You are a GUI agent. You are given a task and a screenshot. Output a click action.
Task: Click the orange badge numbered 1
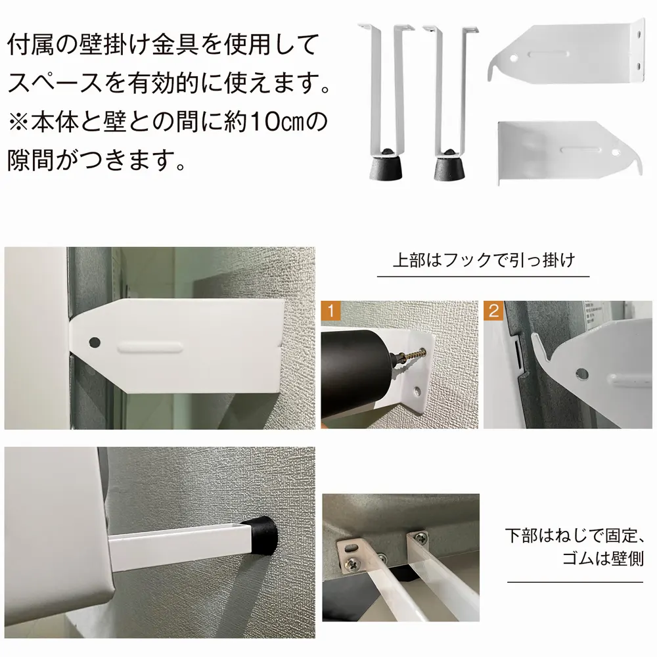[330, 311]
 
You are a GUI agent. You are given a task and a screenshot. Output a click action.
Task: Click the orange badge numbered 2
[493, 311]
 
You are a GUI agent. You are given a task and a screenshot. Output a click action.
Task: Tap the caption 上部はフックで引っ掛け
[484, 260]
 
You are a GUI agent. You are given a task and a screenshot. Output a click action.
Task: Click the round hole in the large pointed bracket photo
[95, 342]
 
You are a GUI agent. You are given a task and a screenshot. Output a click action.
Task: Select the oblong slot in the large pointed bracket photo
[150, 348]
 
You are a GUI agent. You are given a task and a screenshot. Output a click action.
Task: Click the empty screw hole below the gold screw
[417, 392]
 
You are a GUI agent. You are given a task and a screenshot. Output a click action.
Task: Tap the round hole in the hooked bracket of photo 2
[581, 373]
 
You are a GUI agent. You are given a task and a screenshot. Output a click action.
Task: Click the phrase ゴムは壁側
[602, 558]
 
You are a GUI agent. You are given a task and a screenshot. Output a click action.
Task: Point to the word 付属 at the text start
[31, 45]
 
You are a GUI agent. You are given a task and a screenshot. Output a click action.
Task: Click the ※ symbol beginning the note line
[19, 122]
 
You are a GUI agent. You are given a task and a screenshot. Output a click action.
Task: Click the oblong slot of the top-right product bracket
[548, 54]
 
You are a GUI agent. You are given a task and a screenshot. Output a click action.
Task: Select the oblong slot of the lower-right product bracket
[580, 148]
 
